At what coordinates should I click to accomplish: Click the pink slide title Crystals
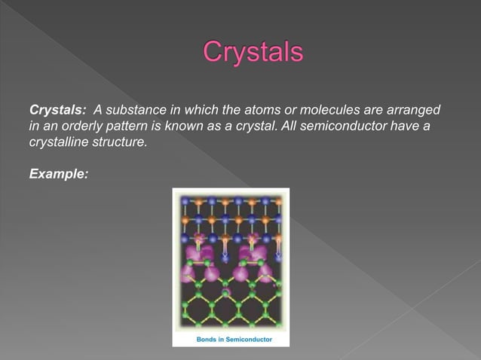[253, 53]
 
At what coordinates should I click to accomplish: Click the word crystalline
[57, 142]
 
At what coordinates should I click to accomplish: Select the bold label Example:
[58, 173]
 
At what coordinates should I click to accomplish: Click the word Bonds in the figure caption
[208, 340]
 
